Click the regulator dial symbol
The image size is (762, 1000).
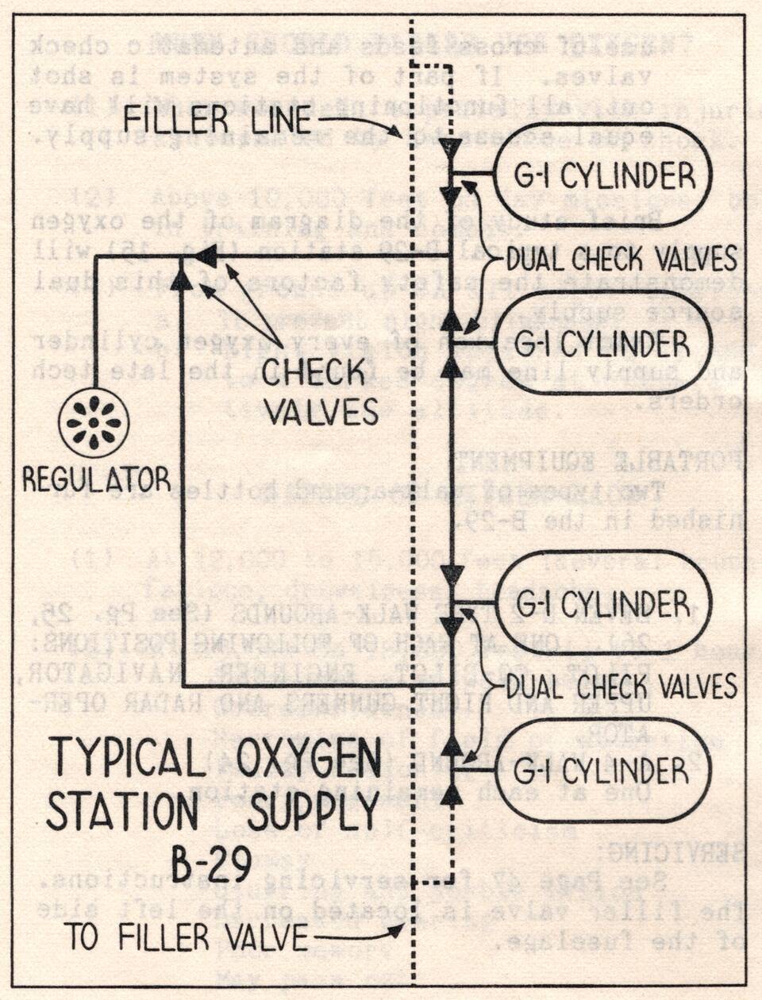(x=94, y=423)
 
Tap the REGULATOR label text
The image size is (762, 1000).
(x=96, y=479)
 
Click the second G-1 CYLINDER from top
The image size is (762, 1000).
(x=602, y=344)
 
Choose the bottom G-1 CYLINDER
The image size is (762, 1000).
(x=602, y=771)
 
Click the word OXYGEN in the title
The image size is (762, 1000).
(x=310, y=758)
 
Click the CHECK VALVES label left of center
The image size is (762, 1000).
(x=319, y=391)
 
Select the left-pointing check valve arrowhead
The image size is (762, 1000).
(x=206, y=256)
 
